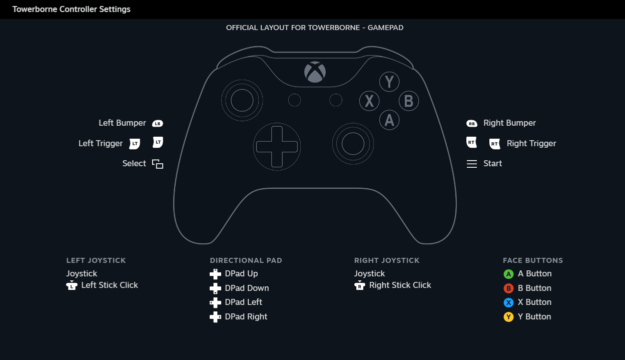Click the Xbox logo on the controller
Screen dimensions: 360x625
315,72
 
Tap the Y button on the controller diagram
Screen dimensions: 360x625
389,82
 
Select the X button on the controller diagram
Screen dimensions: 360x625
369,101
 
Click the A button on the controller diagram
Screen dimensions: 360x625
389,120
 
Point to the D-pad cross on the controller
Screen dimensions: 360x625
277,146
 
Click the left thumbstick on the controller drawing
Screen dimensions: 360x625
242,101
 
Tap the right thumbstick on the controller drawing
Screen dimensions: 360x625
353,144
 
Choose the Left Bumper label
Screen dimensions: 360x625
122,123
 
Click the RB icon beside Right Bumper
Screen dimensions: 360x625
471,123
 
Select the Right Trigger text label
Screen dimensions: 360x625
531,144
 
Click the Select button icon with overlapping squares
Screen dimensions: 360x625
158,164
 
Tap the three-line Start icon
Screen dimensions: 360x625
471,164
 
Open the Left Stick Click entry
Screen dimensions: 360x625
109,285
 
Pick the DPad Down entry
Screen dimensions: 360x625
247,288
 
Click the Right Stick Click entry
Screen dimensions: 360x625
400,285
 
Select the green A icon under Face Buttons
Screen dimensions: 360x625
508,274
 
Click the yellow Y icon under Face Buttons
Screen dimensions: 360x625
508,317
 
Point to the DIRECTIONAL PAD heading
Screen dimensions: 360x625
246,260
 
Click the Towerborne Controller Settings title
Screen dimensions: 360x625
72,9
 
